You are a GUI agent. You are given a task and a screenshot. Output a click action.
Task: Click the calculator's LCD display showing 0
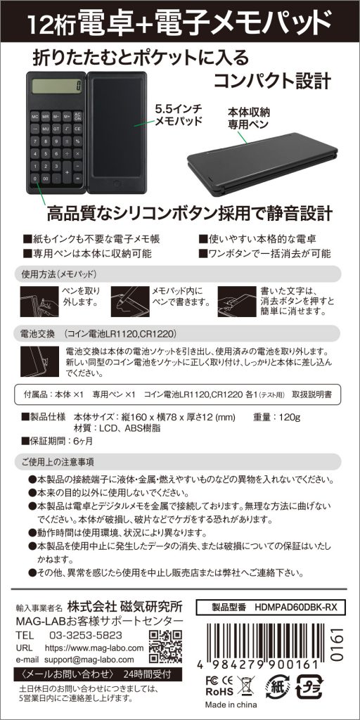pyautogui.click(x=57, y=86)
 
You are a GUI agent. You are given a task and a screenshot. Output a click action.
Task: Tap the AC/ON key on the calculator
pyautogui.click(x=77, y=117)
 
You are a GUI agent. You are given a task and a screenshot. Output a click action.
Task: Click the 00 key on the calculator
pyautogui.click(x=46, y=178)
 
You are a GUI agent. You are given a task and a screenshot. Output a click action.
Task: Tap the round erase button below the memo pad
pyautogui.click(x=118, y=184)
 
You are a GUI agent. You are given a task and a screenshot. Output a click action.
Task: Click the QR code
pyautogui.click(x=166, y=647)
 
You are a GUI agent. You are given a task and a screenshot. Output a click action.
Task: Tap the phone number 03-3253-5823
pyautogui.click(x=85, y=635)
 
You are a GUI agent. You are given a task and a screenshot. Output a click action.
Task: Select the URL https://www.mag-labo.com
pyautogui.click(x=94, y=648)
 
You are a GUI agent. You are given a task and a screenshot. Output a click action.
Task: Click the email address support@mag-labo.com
pyautogui.click(x=89, y=660)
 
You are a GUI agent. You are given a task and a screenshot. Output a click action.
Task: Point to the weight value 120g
pyautogui.click(x=289, y=418)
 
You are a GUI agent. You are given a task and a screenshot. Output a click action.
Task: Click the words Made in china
pyautogui.click(x=231, y=705)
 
